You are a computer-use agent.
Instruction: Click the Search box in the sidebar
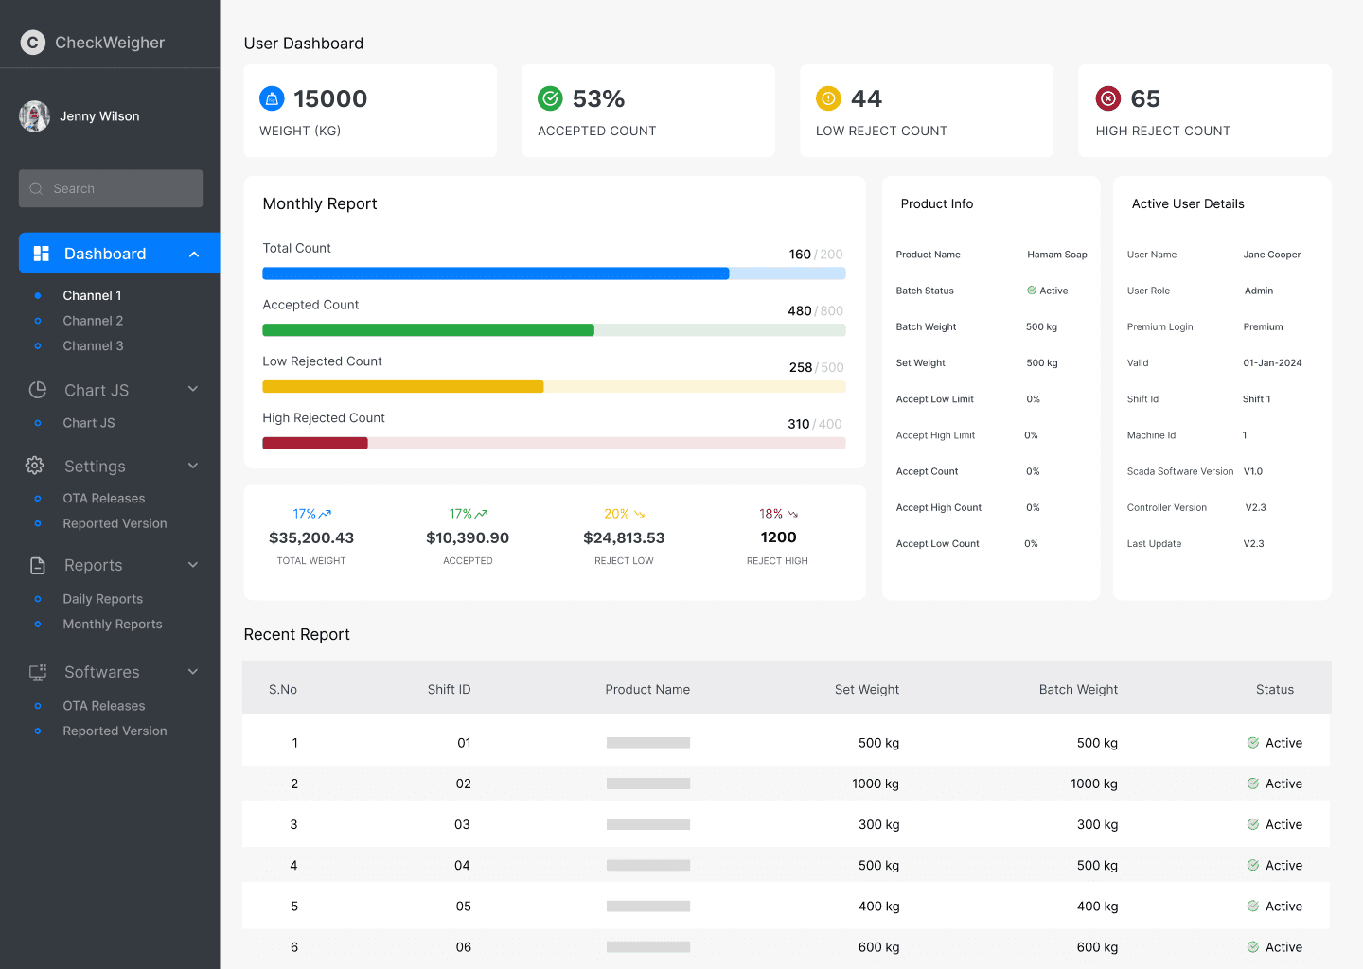click(110, 188)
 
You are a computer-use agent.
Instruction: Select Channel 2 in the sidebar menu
click(93, 321)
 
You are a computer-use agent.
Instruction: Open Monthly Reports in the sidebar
click(112, 625)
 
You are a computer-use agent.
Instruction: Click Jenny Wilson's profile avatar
click(34, 115)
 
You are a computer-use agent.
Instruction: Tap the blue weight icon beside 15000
click(272, 98)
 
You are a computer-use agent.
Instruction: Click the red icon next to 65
click(1108, 98)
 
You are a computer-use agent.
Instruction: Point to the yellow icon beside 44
click(828, 98)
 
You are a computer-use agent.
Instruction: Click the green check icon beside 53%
click(550, 98)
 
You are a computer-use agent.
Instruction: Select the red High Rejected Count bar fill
click(315, 444)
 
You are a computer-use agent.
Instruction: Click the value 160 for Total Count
click(800, 255)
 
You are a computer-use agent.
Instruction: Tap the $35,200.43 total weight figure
click(311, 537)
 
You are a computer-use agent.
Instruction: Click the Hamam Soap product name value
click(1057, 255)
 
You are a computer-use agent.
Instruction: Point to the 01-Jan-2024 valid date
click(1272, 363)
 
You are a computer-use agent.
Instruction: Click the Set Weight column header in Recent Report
click(866, 689)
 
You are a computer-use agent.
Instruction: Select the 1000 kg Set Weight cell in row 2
click(875, 784)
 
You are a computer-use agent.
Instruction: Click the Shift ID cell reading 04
click(462, 865)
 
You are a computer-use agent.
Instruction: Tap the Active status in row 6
click(1275, 947)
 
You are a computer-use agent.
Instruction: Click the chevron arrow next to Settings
click(193, 466)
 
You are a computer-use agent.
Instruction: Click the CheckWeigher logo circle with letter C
click(33, 43)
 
